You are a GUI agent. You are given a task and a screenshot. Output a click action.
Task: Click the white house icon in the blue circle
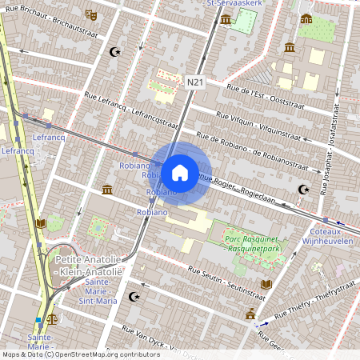180,172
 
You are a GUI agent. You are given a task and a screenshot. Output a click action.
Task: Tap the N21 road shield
195,82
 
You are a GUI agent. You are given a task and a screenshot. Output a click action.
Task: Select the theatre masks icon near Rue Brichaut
91,14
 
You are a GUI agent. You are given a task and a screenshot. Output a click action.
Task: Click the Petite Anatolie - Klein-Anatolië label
88,266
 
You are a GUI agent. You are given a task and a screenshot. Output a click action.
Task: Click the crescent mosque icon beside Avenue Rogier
302,190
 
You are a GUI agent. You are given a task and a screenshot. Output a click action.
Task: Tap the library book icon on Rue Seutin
266,284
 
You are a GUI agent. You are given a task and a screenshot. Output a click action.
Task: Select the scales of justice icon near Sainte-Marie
53,318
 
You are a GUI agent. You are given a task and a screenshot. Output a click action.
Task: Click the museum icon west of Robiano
107,190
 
